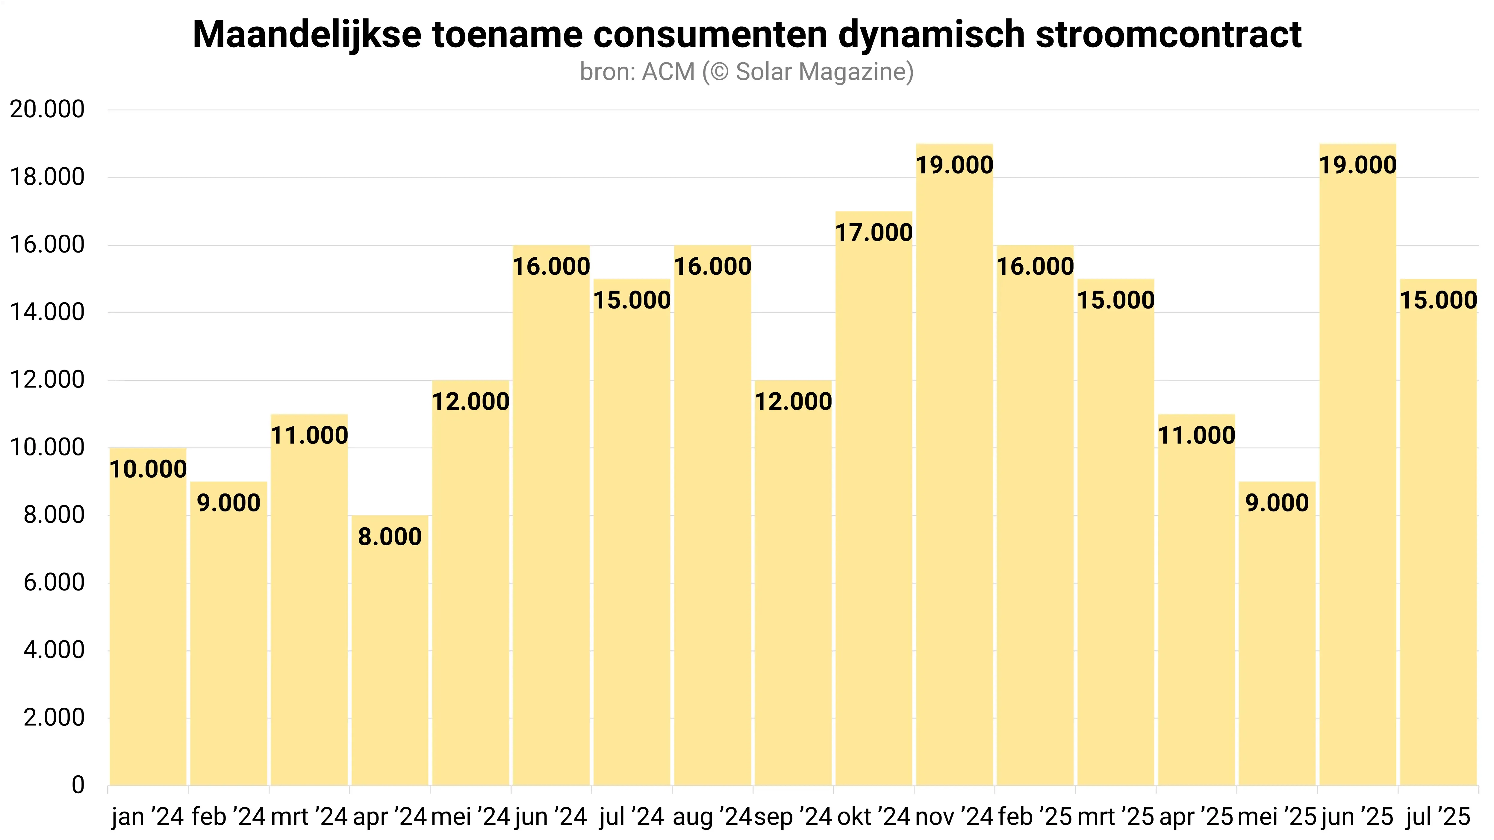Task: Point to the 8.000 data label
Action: [390, 537]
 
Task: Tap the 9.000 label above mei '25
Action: [1277, 503]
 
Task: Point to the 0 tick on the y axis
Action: [78, 786]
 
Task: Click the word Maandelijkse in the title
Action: [307, 35]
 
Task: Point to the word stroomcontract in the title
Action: [1168, 35]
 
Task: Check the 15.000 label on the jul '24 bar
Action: [632, 300]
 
